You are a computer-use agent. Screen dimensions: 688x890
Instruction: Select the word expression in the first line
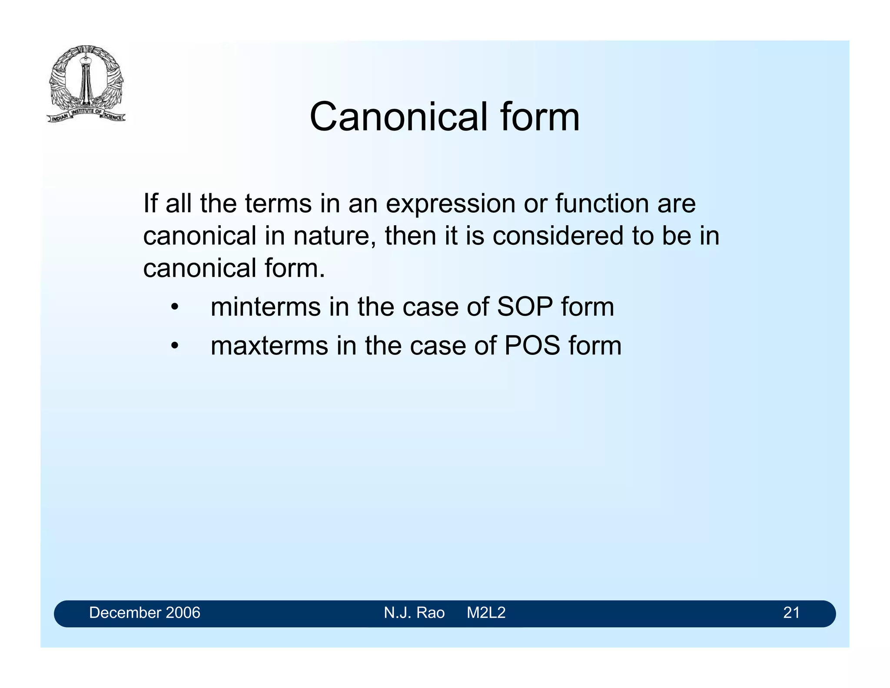tap(450, 204)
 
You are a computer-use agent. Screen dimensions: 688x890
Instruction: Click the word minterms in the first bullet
tap(266, 307)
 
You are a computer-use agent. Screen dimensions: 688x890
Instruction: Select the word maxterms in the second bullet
tap(269, 346)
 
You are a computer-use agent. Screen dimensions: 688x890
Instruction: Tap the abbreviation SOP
tap(525, 307)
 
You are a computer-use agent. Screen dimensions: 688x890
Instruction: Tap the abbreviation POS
tap(532, 346)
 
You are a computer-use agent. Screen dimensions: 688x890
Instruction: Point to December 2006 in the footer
tap(145, 613)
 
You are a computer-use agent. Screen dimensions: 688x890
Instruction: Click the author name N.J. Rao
tap(414, 613)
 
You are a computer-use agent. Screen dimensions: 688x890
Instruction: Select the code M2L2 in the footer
tap(486, 613)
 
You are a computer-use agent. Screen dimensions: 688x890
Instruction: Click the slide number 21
tap(791, 613)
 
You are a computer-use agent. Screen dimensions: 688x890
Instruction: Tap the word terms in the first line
tap(278, 204)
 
